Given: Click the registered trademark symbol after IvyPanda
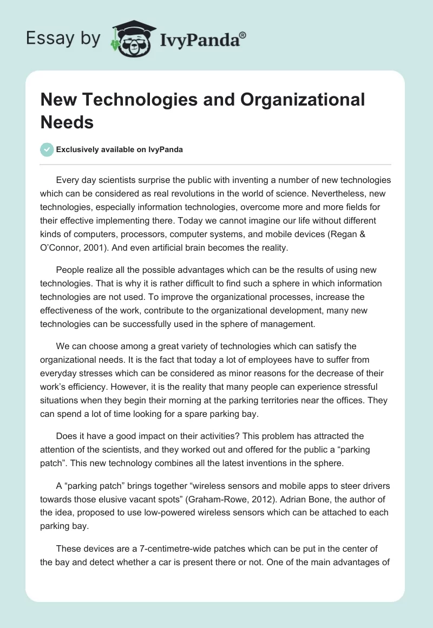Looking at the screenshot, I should [x=243, y=35].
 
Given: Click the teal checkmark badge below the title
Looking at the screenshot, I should [x=47, y=149].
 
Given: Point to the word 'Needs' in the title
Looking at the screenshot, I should [x=67, y=122].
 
